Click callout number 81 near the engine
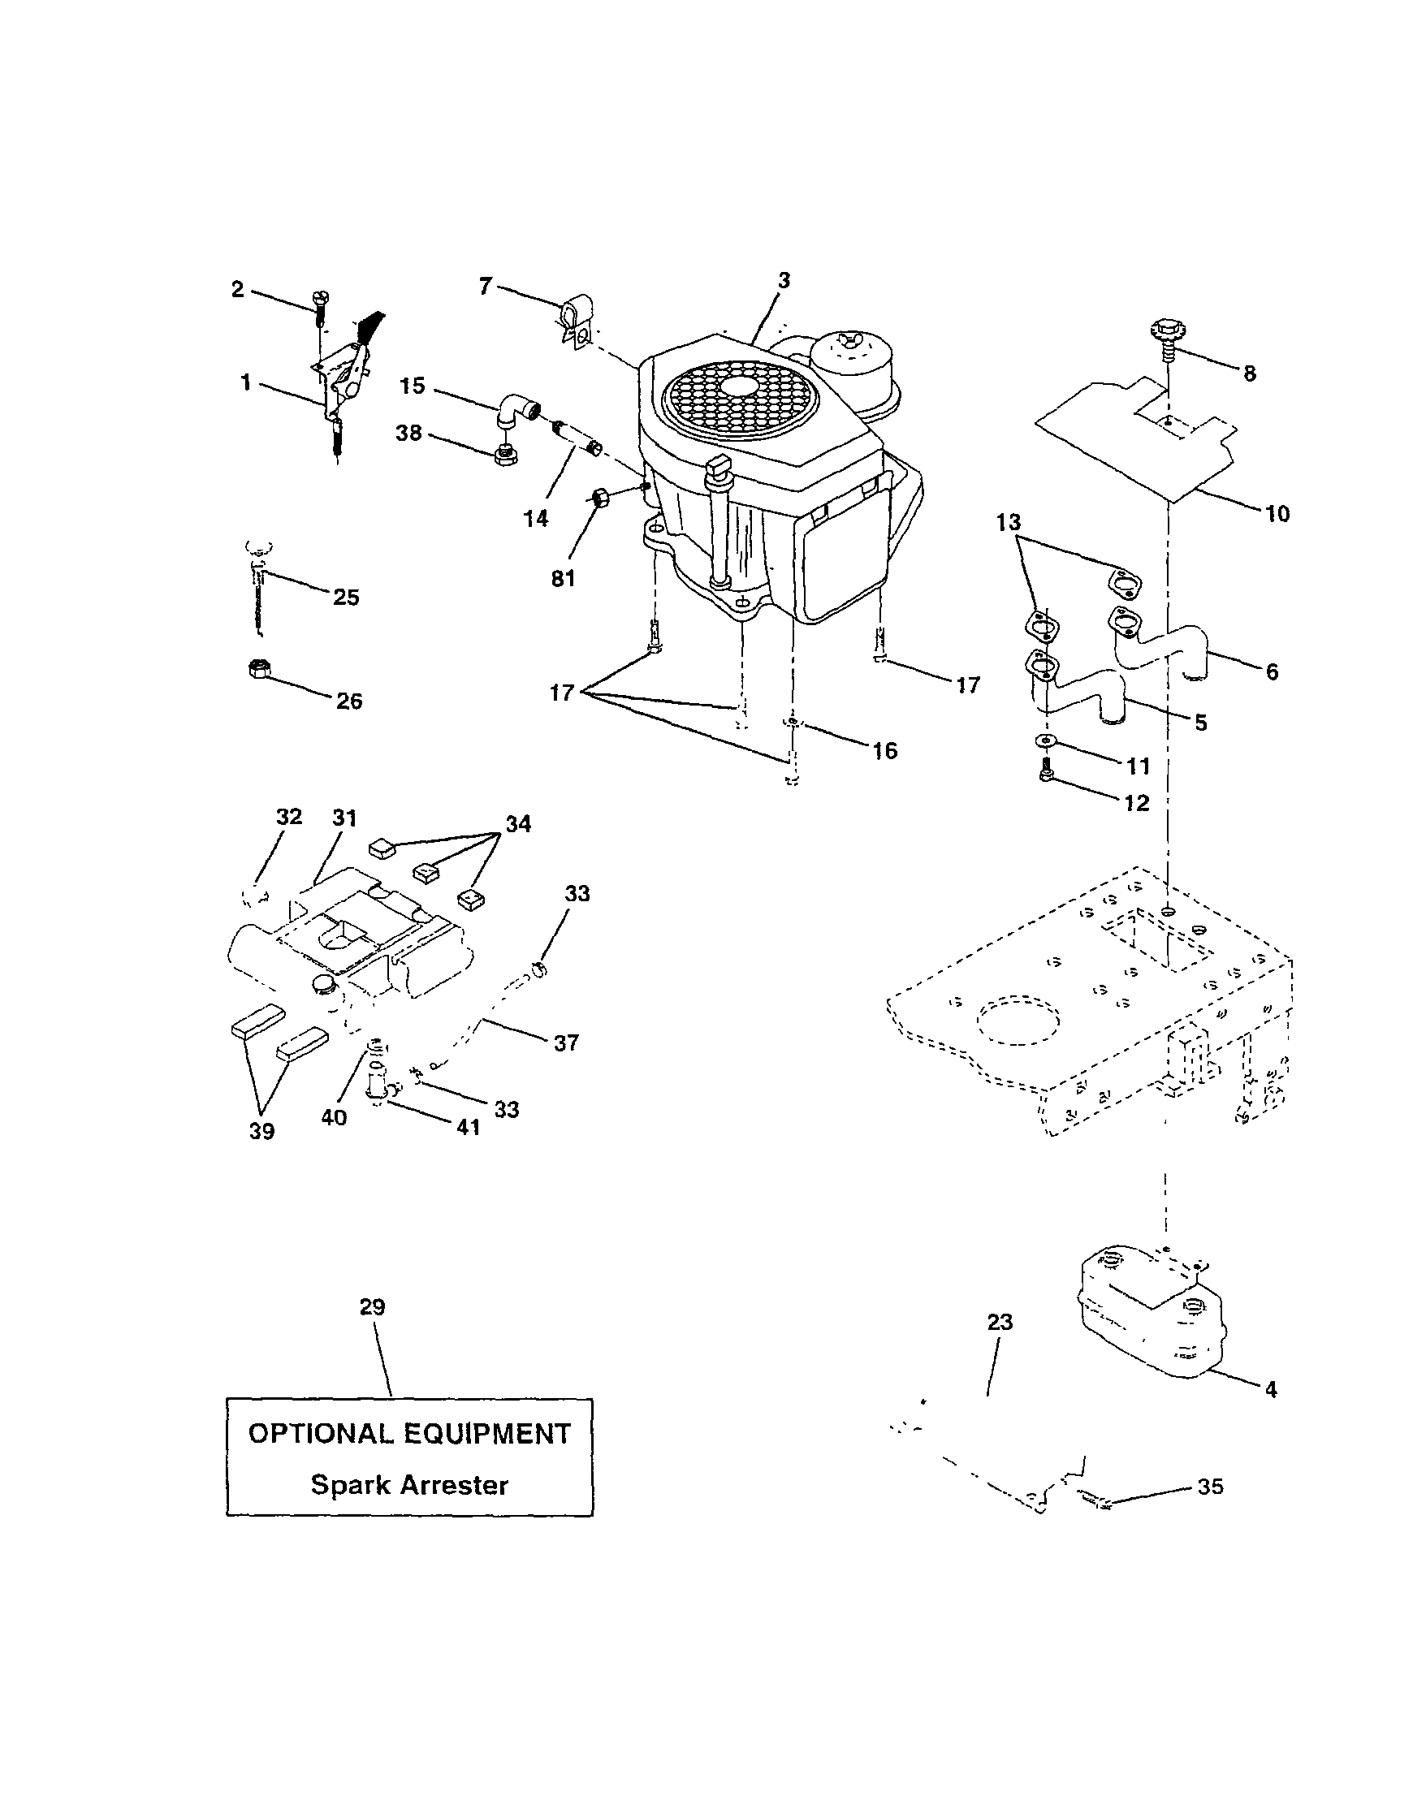click(563, 578)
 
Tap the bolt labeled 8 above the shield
click(1163, 335)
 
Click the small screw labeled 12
click(1045, 772)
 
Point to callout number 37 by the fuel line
click(565, 1042)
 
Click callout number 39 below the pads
click(261, 1131)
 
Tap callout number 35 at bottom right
click(1211, 1487)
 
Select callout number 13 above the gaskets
click(1009, 522)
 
